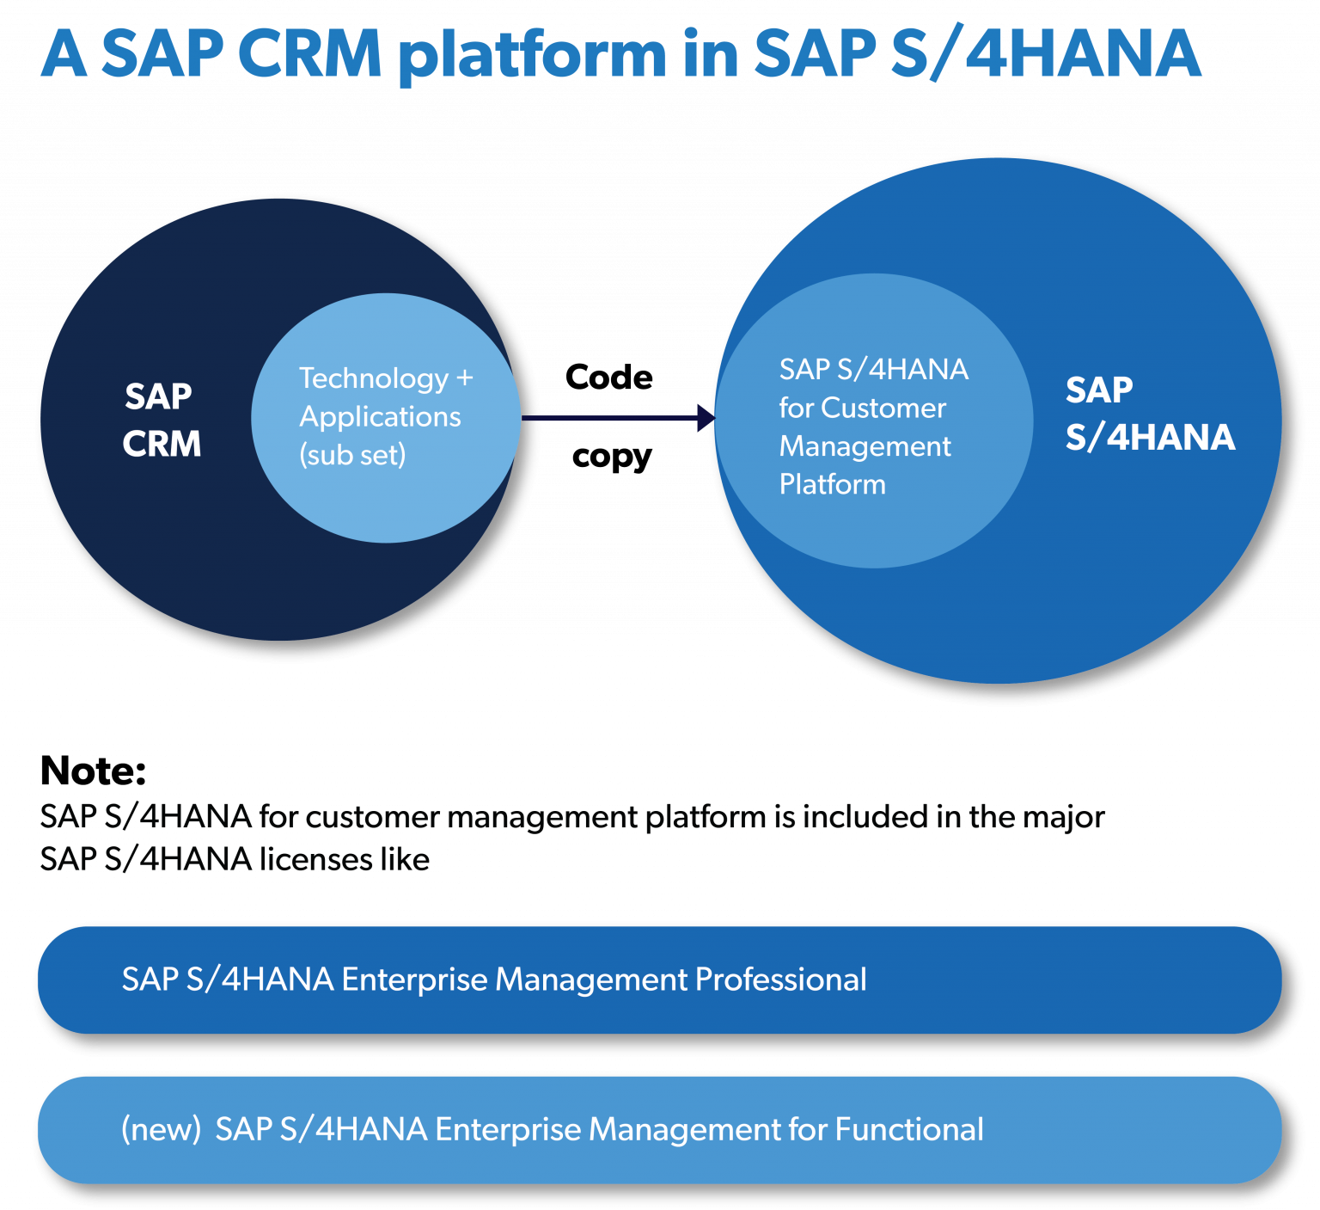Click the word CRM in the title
tap(309, 54)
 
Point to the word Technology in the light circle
tap(374, 378)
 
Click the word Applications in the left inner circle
tap(380, 417)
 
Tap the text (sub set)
tap(352, 455)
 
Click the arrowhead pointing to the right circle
tap(706, 419)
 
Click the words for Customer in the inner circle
tap(862, 408)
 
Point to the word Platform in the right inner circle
tap(832, 485)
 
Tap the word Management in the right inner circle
tap(865, 446)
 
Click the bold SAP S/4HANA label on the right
tap(1149, 414)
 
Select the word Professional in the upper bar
tap(780, 980)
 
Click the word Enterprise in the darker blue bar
tap(416, 980)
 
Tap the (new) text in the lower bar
tap(161, 1129)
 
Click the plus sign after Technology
tap(465, 378)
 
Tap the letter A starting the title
tap(64, 54)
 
